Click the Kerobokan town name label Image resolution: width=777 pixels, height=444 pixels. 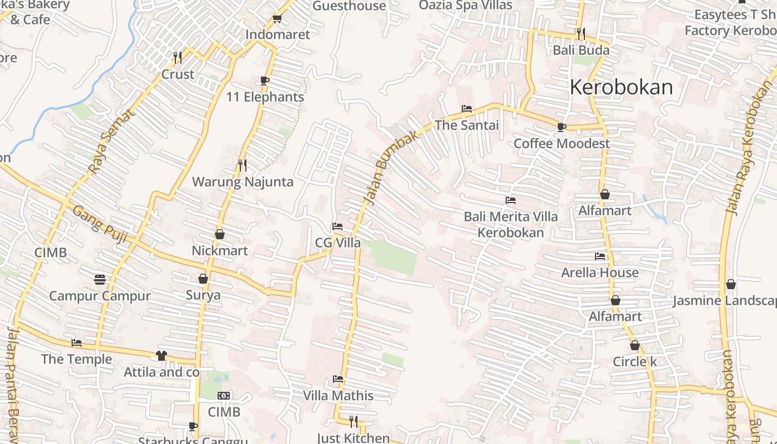pos(621,87)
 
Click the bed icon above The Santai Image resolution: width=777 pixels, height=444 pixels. pos(467,109)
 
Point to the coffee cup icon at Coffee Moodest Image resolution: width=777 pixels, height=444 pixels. pos(561,127)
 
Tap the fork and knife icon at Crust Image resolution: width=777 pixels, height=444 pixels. pos(178,57)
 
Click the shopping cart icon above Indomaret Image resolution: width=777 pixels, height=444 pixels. pos(277,19)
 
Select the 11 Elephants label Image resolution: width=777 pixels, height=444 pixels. pos(265,97)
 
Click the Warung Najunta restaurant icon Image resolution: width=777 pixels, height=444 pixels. pos(242,165)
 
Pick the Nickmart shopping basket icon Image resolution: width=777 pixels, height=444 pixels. pos(220,234)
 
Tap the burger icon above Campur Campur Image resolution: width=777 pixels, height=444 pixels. pos(100,279)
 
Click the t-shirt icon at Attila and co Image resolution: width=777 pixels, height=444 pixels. pos(161,356)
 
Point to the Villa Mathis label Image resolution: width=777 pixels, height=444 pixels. pos(338,396)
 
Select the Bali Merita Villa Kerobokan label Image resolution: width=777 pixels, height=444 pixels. pos(511,224)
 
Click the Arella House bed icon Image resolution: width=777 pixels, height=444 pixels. pos(600,256)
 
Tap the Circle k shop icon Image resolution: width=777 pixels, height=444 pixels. pos(635,345)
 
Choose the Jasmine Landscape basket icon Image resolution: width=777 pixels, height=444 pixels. pos(731,284)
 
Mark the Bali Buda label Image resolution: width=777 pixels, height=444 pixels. pos(581,50)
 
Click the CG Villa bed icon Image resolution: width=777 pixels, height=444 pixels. pos(337,226)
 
